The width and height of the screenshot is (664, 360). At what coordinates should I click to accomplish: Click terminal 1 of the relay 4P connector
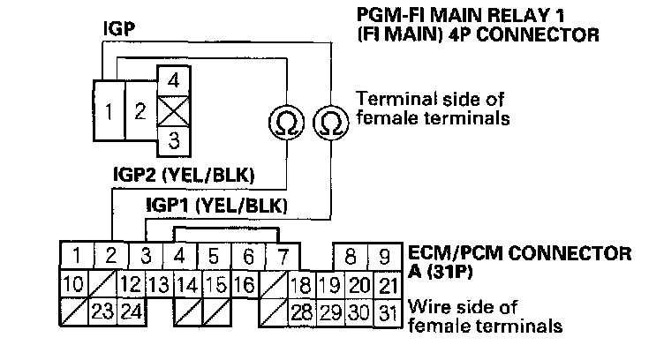[x=107, y=113]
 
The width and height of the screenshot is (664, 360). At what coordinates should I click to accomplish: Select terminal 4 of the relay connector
[x=173, y=79]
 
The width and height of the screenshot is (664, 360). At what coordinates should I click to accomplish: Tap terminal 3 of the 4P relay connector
[x=173, y=139]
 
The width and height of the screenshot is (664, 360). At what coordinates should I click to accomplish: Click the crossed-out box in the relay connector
[x=173, y=109]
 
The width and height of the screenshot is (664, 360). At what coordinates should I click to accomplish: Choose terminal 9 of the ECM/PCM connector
[x=384, y=258]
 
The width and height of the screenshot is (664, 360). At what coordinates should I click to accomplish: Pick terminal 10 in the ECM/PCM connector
[x=76, y=285]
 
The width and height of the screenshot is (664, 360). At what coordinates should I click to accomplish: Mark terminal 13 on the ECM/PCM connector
[x=159, y=285]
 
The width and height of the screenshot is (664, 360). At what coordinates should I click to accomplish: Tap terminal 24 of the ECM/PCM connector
[x=132, y=312]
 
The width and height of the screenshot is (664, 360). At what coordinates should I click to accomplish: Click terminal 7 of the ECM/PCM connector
[x=283, y=258]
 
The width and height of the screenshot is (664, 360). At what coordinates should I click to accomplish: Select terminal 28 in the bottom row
[x=301, y=312]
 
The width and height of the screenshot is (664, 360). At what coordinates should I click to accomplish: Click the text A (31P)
[x=441, y=274]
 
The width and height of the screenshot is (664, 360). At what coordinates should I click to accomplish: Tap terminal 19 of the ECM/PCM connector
[x=328, y=285]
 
